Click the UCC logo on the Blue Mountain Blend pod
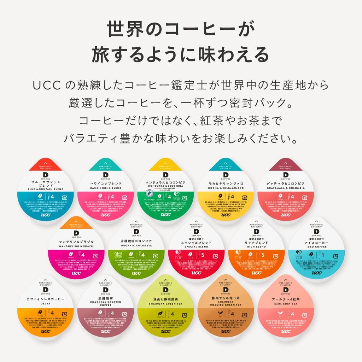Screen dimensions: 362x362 (x=45, y=215)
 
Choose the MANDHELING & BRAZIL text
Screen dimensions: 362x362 (x=75, y=246)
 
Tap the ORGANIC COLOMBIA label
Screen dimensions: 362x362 (x=136, y=246)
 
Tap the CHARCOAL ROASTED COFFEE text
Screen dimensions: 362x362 (x=105, y=304)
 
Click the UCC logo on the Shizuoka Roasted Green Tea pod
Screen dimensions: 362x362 (x=226, y=331)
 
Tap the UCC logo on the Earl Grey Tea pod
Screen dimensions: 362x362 (x=286, y=331)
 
